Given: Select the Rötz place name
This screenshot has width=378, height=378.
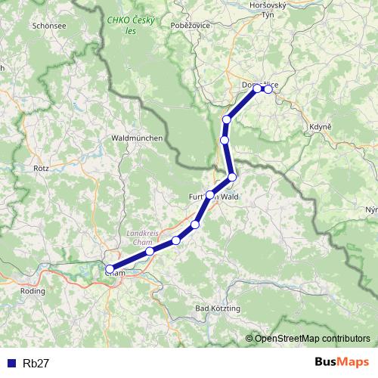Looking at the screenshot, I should (x=41, y=169).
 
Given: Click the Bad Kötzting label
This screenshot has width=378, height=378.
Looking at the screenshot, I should (x=217, y=309).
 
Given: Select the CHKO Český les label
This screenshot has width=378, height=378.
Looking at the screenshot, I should (x=132, y=25).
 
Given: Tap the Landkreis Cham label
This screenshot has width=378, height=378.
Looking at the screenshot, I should (x=141, y=237).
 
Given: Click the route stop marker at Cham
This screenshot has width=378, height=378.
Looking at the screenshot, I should (x=110, y=269).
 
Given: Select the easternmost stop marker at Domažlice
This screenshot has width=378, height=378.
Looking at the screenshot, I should (x=268, y=89).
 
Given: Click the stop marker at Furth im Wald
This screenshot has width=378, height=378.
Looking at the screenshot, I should (x=210, y=195).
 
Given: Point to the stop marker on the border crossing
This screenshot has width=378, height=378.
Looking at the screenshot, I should (x=232, y=177).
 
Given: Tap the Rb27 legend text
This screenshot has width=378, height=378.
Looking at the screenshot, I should (x=36, y=362).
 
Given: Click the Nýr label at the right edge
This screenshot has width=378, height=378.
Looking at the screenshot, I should (x=370, y=209).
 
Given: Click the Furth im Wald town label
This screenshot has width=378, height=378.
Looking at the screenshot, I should (x=214, y=196).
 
